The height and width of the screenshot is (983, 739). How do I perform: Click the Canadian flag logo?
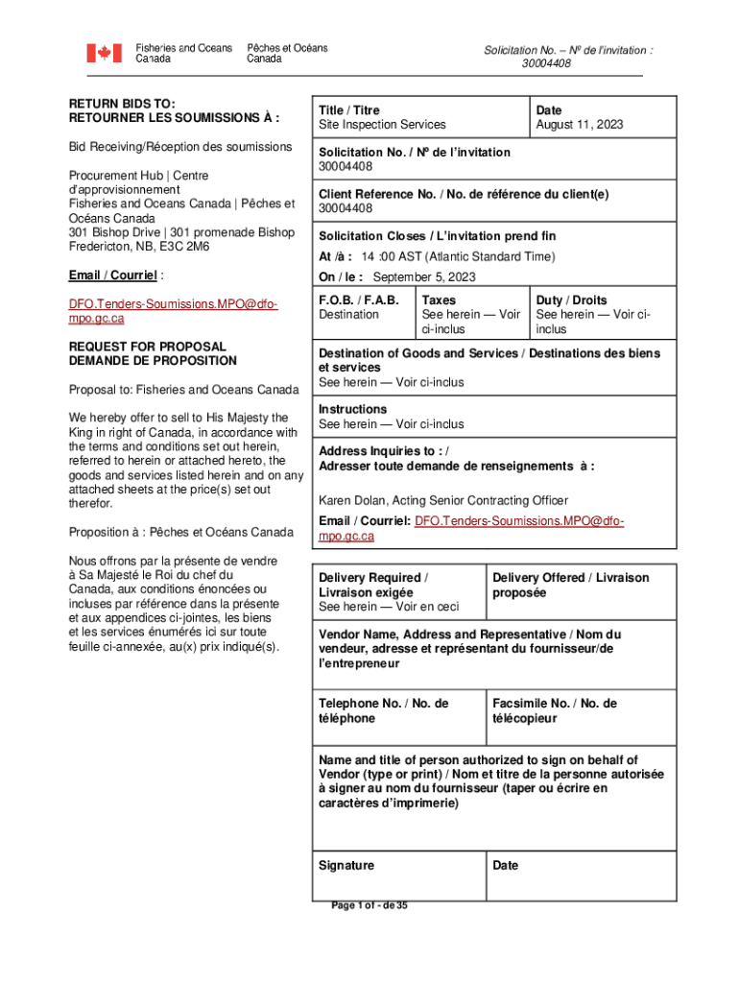pos(105,53)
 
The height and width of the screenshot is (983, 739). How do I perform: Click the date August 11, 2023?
pos(580,125)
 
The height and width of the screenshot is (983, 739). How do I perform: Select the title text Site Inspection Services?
pos(382,125)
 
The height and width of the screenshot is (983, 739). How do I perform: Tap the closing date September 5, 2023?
pos(423,277)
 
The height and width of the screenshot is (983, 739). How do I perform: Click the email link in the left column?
pos(173,311)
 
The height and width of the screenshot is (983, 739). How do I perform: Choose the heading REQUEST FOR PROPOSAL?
pos(147,347)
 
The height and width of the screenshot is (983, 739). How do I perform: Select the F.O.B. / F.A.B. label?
pos(359,300)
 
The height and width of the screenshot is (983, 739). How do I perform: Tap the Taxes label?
pos(439,300)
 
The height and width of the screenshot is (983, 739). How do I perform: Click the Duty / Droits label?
pos(571,300)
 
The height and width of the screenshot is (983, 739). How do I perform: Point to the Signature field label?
pos(346,865)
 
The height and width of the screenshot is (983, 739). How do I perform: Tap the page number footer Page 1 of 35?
pos(369,905)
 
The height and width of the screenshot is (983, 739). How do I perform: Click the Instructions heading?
pos(353,409)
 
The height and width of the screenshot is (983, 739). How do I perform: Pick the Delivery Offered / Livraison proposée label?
pos(570,585)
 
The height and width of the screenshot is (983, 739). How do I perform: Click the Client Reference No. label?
pos(464,194)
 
